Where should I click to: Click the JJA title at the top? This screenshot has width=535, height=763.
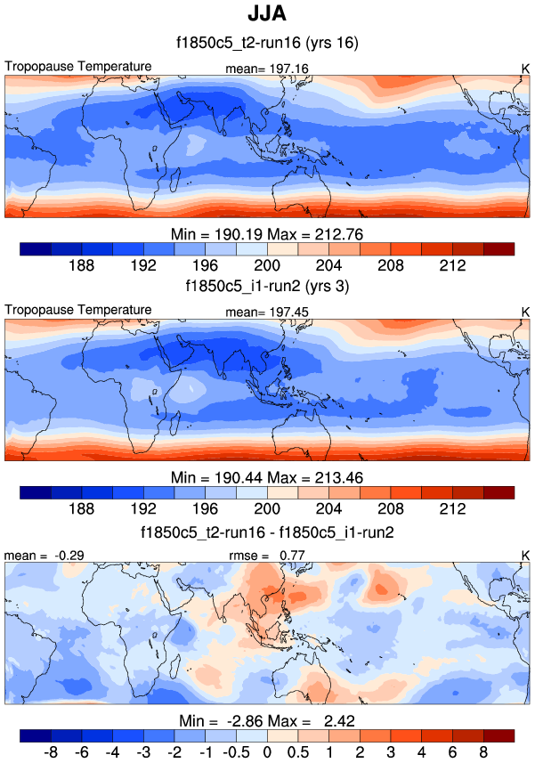click(x=267, y=15)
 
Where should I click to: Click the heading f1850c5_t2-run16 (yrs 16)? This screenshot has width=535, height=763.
click(x=267, y=41)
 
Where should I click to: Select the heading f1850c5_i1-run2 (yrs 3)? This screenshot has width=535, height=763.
click(x=267, y=287)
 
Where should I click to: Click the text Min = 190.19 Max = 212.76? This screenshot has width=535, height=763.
click(x=267, y=234)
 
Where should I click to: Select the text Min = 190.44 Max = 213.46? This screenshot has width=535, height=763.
click(x=267, y=477)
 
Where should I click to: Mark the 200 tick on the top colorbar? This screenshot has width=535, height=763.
click(x=267, y=265)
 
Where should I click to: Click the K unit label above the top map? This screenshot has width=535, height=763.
click(x=525, y=68)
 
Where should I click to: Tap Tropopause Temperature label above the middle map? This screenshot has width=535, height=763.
click(x=78, y=310)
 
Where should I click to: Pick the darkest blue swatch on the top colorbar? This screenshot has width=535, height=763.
click(x=36, y=248)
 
